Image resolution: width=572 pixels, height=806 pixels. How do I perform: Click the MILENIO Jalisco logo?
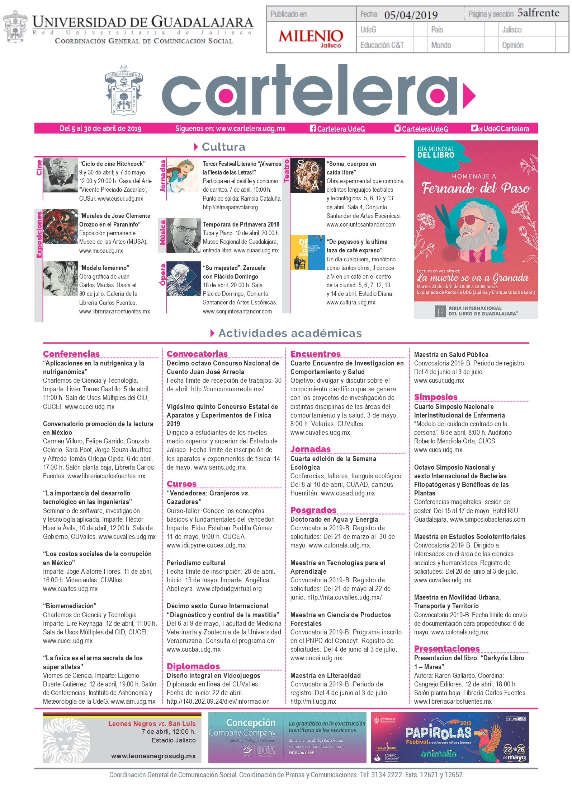pos(311,38)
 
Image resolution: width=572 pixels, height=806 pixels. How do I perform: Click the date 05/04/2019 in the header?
pos(411,15)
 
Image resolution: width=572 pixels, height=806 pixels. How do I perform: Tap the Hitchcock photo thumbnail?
pos(60,175)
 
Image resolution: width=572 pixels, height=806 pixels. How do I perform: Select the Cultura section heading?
pos(223,147)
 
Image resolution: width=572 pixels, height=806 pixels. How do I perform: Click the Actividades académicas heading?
pos(290,333)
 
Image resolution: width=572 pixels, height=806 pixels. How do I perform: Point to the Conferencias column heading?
pos(71,354)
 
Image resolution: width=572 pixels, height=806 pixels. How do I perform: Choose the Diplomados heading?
pos(193,666)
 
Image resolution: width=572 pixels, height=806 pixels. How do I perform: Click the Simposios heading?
pos(436,397)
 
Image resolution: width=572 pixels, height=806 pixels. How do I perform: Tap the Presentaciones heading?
pos(447,648)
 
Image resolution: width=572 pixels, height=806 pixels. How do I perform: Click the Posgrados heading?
pos(313,510)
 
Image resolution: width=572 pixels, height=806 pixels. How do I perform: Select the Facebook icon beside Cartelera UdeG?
pos(313,128)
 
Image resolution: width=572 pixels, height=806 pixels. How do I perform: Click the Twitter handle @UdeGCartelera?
pos(503,129)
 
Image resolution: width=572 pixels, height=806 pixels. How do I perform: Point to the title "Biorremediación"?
pos(70,606)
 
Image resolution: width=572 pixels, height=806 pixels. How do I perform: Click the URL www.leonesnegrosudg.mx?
pos(153,756)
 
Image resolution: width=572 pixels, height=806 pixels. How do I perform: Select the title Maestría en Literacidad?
pos(326,675)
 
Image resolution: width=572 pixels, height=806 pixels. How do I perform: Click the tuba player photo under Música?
pos(184,235)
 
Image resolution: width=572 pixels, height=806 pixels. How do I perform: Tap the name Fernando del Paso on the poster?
pos(476,188)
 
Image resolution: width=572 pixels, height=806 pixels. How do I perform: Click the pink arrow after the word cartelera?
pos(469,95)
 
